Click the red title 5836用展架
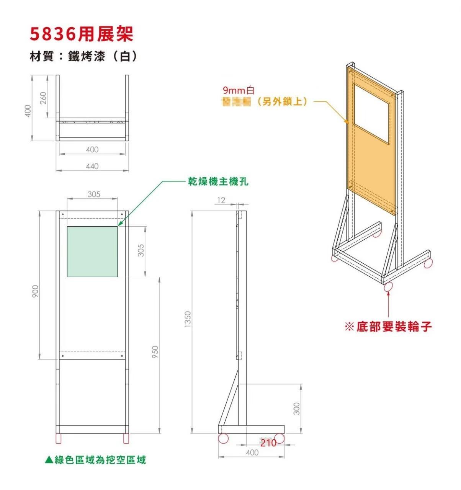pyautogui.click(x=82, y=34)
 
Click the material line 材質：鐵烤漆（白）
pyautogui.click(x=83, y=57)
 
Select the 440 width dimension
pyautogui.click(x=92, y=166)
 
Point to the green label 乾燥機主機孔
pyautogui.click(x=218, y=181)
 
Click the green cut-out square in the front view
pyautogui.click(x=92, y=252)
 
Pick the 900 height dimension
pyautogui.click(x=35, y=291)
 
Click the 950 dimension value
pyautogui.click(x=155, y=352)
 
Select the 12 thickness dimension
pyautogui.click(x=221, y=200)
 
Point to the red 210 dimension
pyautogui.click(x=268, y=443)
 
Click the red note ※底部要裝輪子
pyautogui.click(x=388, y=327)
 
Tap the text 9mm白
pyautogui.click(x=239, y=91)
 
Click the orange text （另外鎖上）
pyautogui.click(x=283, y=102)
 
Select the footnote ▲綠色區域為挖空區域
pyautogui.click(x=95, y=459)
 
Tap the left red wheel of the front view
pyautogui.click(x=59, y=438)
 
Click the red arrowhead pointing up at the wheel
pyautogui.click(x=389, y=294)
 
